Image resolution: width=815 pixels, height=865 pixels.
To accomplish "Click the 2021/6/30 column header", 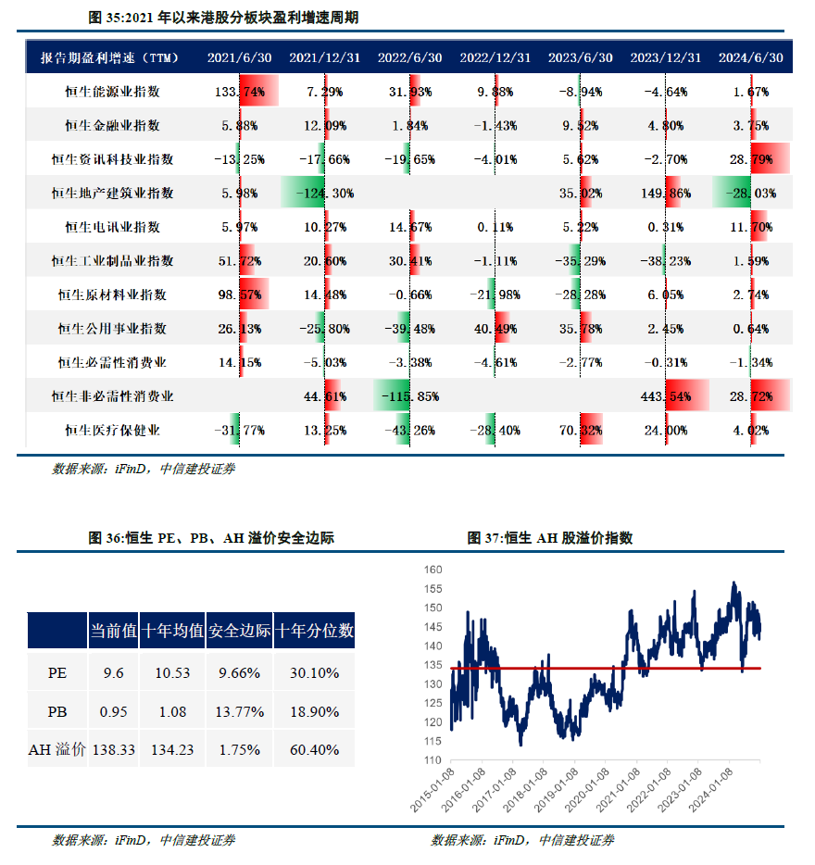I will (240, 57).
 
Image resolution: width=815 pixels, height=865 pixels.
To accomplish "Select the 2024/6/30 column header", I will (750, 57).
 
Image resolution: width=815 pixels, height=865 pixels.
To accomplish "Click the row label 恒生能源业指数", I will (112, 92).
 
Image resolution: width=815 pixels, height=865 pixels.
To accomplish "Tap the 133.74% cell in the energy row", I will (240, 92).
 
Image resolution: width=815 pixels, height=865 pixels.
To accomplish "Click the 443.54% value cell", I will (665, 396).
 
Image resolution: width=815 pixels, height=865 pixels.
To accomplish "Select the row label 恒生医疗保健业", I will (112, 431).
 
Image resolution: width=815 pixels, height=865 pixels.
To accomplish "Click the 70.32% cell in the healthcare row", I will (581, 431).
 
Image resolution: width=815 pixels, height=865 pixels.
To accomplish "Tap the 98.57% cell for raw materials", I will (240, 295).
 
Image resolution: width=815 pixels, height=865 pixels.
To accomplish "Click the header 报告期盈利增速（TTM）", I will (109, 57).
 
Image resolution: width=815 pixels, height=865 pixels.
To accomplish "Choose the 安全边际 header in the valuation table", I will (239, 631).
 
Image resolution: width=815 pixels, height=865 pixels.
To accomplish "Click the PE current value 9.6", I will (113, 673).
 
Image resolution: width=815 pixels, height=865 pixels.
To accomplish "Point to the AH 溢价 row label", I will (57, 749).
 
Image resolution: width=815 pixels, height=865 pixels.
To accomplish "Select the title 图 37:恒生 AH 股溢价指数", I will (549, 538).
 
